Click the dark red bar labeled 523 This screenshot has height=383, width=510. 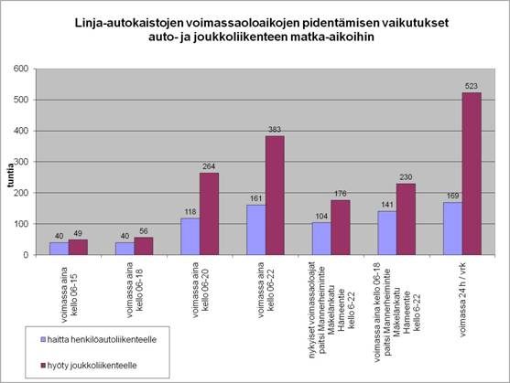point(472,174)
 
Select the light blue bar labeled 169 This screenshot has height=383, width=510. point(452,229)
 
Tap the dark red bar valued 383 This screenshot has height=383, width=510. point(275,196)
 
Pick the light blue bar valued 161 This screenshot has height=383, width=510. point(256,230)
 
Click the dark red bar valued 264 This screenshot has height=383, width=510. point(209,214)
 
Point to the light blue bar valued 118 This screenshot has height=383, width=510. point(190,237)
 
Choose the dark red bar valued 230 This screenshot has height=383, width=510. point(406,219)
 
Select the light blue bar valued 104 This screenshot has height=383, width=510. point(321,239)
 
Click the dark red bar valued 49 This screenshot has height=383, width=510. point(78,248)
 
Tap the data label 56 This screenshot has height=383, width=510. point(144,231)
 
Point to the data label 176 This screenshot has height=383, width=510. point(341,194)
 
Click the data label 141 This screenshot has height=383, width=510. point(387,205)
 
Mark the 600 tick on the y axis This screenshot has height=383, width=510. point(21,69)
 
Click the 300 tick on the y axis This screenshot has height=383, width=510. point(21,162)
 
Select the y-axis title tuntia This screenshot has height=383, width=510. point(11,176)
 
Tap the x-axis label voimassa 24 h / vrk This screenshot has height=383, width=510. point(462,300)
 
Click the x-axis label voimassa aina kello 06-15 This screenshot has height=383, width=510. point(69,294)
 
